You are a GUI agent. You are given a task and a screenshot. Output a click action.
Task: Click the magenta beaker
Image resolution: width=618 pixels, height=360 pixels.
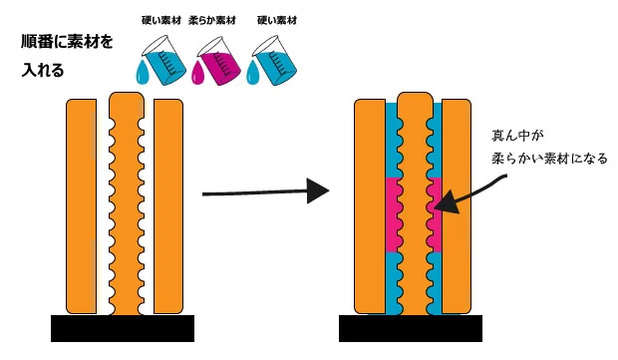pyautogui.click(x=219, y=61)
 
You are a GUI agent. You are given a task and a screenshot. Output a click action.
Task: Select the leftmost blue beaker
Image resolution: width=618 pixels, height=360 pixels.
pyautogui.click(x=163, y=60)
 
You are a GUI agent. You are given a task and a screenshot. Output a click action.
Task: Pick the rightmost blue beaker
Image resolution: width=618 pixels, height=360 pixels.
pyautogui.click(x=274, y=60)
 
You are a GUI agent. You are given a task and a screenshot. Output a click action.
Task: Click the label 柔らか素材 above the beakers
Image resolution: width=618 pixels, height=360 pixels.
pyautogui.click(x=212, y=21)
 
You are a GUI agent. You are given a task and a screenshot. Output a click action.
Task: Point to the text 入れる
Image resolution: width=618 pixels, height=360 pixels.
pyautogui.click(x=43, y=70)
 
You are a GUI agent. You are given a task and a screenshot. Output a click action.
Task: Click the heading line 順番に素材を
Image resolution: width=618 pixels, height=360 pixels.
pyautogui.click(x=67, y=42)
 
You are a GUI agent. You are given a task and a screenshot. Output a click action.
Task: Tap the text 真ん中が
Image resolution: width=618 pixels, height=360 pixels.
pyautogui.click(x=517, y=136)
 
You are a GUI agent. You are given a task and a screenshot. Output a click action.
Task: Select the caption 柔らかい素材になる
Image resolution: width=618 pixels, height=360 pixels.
pyautogui.click(x=549, y=159)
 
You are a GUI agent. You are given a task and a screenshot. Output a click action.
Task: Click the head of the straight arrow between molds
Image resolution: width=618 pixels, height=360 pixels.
pyautogui.click(x=318, y=190)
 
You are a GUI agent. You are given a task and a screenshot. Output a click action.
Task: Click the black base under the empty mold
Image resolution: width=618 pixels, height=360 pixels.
pyautogui.click(x=123, y=328)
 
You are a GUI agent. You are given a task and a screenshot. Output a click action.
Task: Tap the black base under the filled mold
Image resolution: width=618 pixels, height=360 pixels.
pyautogui.click(x=411, y=328)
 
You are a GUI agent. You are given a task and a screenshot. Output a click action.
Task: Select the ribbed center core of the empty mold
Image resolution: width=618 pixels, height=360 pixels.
pyautogui.click(x=127, y=203)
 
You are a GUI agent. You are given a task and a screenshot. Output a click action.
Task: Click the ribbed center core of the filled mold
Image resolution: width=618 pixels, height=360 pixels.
pyautogui.click(x=415, y=203)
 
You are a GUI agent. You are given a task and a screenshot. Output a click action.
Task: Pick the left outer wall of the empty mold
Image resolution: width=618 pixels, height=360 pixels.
pyautogui.click(x=81, y=206)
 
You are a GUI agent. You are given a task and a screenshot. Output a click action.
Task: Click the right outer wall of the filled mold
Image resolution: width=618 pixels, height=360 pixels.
pyautogui.click(x=457, y=206)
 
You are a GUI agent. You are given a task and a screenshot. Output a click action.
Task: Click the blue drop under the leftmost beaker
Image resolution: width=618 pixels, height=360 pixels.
pyautogui.click(x=142, y=74)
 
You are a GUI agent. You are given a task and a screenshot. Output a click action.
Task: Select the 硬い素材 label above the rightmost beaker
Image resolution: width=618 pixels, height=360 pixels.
pyautogui.click(x=277, y=20)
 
